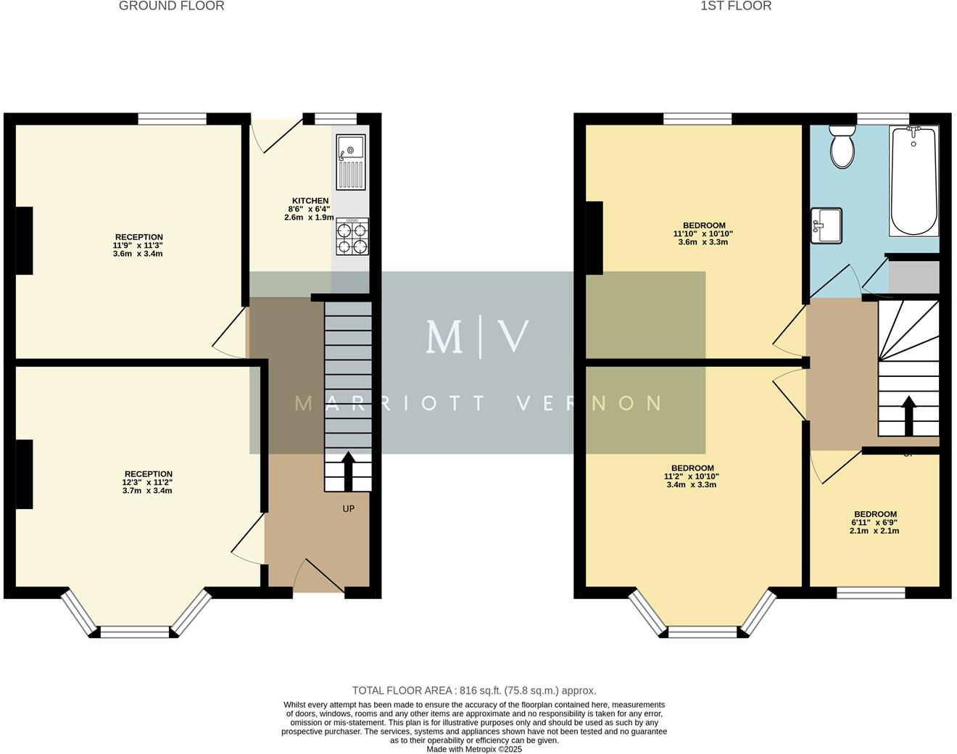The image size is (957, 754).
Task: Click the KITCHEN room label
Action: coord(310,201)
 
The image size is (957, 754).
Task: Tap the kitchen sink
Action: coord(351,162)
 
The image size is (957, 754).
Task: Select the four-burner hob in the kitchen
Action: coord(352,237)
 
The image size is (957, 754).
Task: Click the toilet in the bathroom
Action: coord(842,147)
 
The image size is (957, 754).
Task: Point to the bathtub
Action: coord(913,181)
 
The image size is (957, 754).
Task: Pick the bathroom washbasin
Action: coord(826,225)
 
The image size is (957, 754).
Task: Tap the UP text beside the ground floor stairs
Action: coord(349,509)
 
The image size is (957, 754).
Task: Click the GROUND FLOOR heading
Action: coord(171,6)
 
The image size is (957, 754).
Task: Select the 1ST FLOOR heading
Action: coord(736,6)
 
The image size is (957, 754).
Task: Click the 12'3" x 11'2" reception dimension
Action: coord(147,483)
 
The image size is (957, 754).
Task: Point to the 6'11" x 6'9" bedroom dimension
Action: coord(874,523)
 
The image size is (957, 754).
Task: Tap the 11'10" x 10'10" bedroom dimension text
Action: coord(703,234)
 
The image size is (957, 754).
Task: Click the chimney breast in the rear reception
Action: coord(24,241)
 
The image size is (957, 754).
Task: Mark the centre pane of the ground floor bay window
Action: coord(135,632)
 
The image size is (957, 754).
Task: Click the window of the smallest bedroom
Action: coord(871,593)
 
